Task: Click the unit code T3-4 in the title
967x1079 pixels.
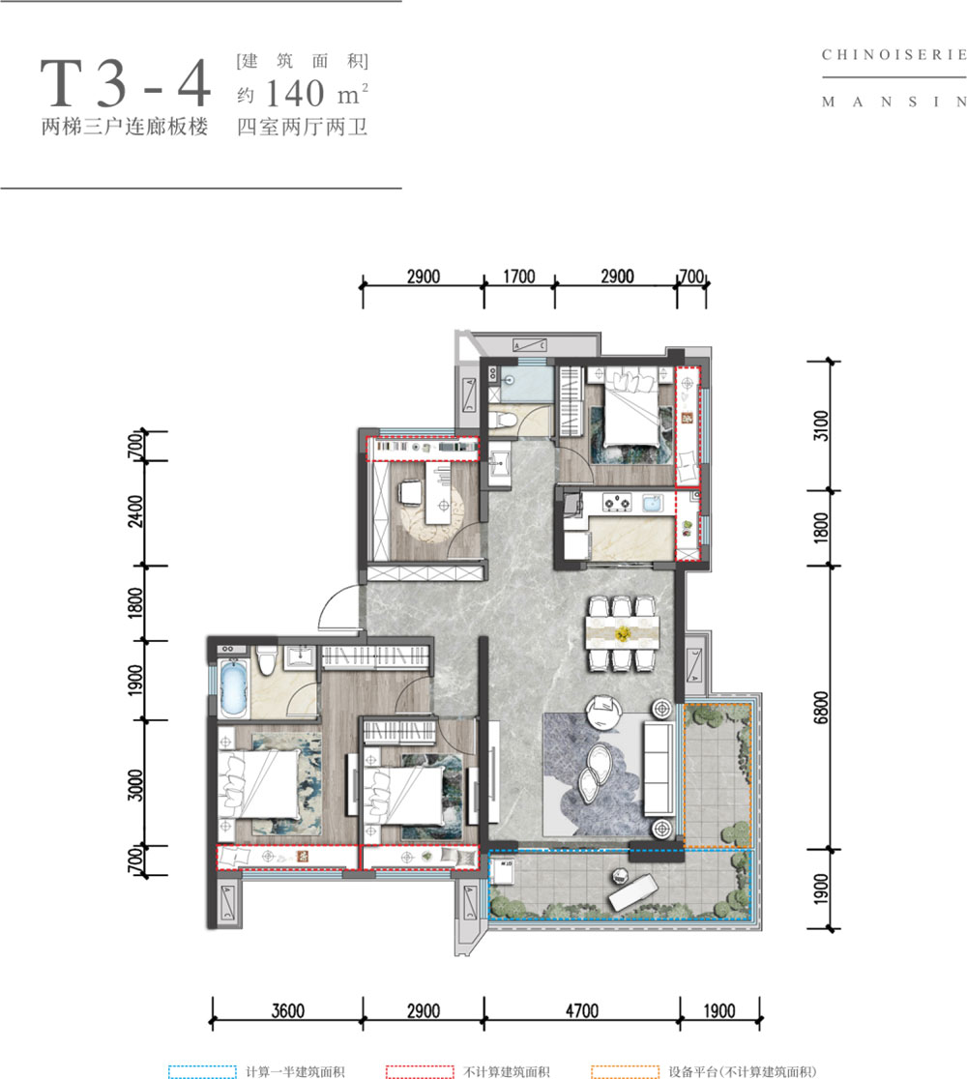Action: coord(125,84)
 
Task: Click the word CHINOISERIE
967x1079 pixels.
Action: coord(894,55)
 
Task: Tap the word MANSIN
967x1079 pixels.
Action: coord(894,101)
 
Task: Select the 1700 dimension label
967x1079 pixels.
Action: coord(518,277)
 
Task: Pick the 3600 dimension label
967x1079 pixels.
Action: coord(287,1011)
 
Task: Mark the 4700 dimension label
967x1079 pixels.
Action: coord(580,1011)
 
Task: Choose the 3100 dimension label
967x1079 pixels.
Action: coord(822,425)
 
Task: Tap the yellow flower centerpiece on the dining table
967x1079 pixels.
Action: coord(624,634)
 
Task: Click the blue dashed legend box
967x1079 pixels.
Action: coord(202,1070)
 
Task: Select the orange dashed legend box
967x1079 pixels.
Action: coord(624,1070)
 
